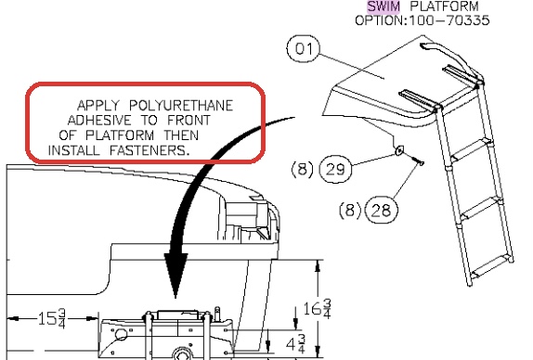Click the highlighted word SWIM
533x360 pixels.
click(x=383, y=6)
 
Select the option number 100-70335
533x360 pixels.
click(x=449, y=20)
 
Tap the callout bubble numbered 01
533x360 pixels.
click(x=304, y=48)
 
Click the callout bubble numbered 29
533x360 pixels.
click(x=335, y=169)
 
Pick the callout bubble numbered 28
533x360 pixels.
click(x=381, y=210)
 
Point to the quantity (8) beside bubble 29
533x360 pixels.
click(x=302, y=169)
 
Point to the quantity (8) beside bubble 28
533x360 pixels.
click(x=350, y=210)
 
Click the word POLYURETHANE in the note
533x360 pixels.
click(x=181, y=106)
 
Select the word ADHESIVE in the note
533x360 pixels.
click(x=99, y=121)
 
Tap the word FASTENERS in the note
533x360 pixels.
click(x=149, y=150)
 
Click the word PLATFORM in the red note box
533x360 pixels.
click(x=120, y=135)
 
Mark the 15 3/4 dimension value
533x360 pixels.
click(x=51, y=318)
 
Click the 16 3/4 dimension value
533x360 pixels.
click(x=317, y=308)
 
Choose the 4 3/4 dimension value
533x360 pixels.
click(x=295, y=343)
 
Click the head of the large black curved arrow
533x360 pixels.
click(x=175, y=275)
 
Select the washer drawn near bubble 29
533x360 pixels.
click(x=399, y=149)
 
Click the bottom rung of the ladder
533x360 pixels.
click(x=490, y=266)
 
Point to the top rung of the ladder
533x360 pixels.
click(x=471, y=149)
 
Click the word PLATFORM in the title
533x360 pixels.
click(x=444, y=6)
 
